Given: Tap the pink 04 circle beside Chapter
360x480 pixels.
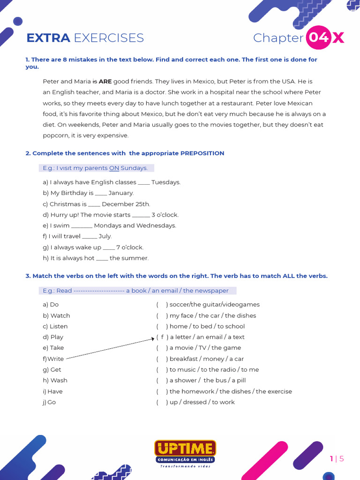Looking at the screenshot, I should tap(319, 37).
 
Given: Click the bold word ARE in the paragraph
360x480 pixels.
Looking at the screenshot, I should tap(105, 81).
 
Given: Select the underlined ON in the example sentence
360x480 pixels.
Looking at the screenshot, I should tap(114, 168).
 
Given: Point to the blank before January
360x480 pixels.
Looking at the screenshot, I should tap(101, 193).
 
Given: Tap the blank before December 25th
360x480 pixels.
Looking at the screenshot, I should tap(94, 204).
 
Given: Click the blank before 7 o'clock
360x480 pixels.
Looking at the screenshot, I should tap(109, 247).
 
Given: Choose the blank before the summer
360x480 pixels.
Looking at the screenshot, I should tap(102, 258).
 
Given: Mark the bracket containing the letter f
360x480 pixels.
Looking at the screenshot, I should tap(162, 337).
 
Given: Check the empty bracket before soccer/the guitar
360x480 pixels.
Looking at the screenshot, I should tap(162, 305).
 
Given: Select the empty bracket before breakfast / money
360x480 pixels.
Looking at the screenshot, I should tap(162, 359).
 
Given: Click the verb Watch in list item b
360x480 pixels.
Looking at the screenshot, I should tap(60, 315).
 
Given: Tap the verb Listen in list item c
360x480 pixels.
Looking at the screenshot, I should tap(59, 326).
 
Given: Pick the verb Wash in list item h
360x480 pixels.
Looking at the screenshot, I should tap(59, 380).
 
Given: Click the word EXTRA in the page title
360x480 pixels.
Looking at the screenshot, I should tap(48, 38).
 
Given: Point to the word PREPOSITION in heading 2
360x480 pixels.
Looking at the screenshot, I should tap(202, 153).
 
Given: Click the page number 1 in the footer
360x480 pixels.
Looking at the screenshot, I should tap(331, 458).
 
